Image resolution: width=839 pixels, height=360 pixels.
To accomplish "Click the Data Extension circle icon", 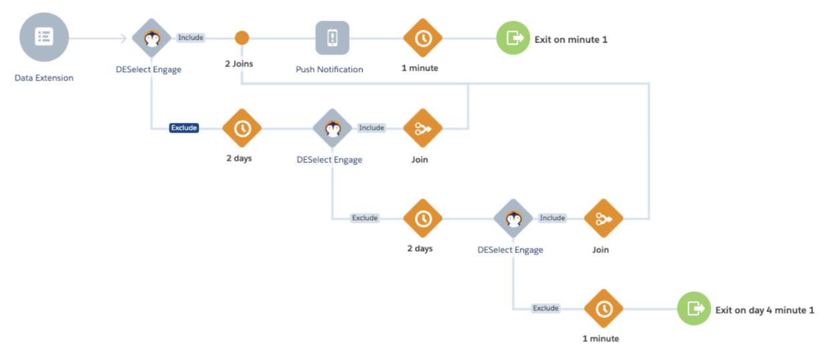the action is (44, 37).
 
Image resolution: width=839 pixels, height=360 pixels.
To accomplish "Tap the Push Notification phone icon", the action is (333, 38).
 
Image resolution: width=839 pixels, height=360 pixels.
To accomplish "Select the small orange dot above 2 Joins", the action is (242, 38).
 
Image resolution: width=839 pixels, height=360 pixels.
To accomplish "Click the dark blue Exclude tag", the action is (184, 128).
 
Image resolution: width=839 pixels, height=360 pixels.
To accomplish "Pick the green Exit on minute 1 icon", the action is (513, 38).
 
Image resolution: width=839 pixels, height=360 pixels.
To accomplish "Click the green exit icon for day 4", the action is (694, 308).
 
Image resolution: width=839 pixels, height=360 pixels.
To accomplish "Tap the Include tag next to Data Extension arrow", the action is (191, 37).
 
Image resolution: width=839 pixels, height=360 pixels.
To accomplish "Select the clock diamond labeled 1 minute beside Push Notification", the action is (423, 38).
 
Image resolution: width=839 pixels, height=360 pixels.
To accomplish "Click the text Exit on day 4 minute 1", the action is (765, 310).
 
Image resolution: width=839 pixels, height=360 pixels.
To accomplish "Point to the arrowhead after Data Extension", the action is (124, 38).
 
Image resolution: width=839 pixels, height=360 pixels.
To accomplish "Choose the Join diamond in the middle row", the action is (423, 128).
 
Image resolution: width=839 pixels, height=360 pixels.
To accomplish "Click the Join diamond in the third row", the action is (603, 218).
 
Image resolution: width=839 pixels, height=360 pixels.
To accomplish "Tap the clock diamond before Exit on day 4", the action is (603, 308).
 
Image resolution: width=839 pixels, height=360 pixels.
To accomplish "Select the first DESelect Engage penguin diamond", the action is (152, 38).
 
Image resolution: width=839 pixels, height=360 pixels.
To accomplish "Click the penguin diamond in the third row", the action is (513, 218).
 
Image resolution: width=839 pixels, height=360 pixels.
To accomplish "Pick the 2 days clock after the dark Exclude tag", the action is (242, 128).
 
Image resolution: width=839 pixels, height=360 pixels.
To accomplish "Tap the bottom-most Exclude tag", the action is (546, 308).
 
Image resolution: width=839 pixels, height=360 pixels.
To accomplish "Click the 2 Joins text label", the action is (239, 64).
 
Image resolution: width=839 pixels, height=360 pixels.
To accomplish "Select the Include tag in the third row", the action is (553, 217).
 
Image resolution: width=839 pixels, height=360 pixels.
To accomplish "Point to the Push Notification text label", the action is (330, 70).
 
